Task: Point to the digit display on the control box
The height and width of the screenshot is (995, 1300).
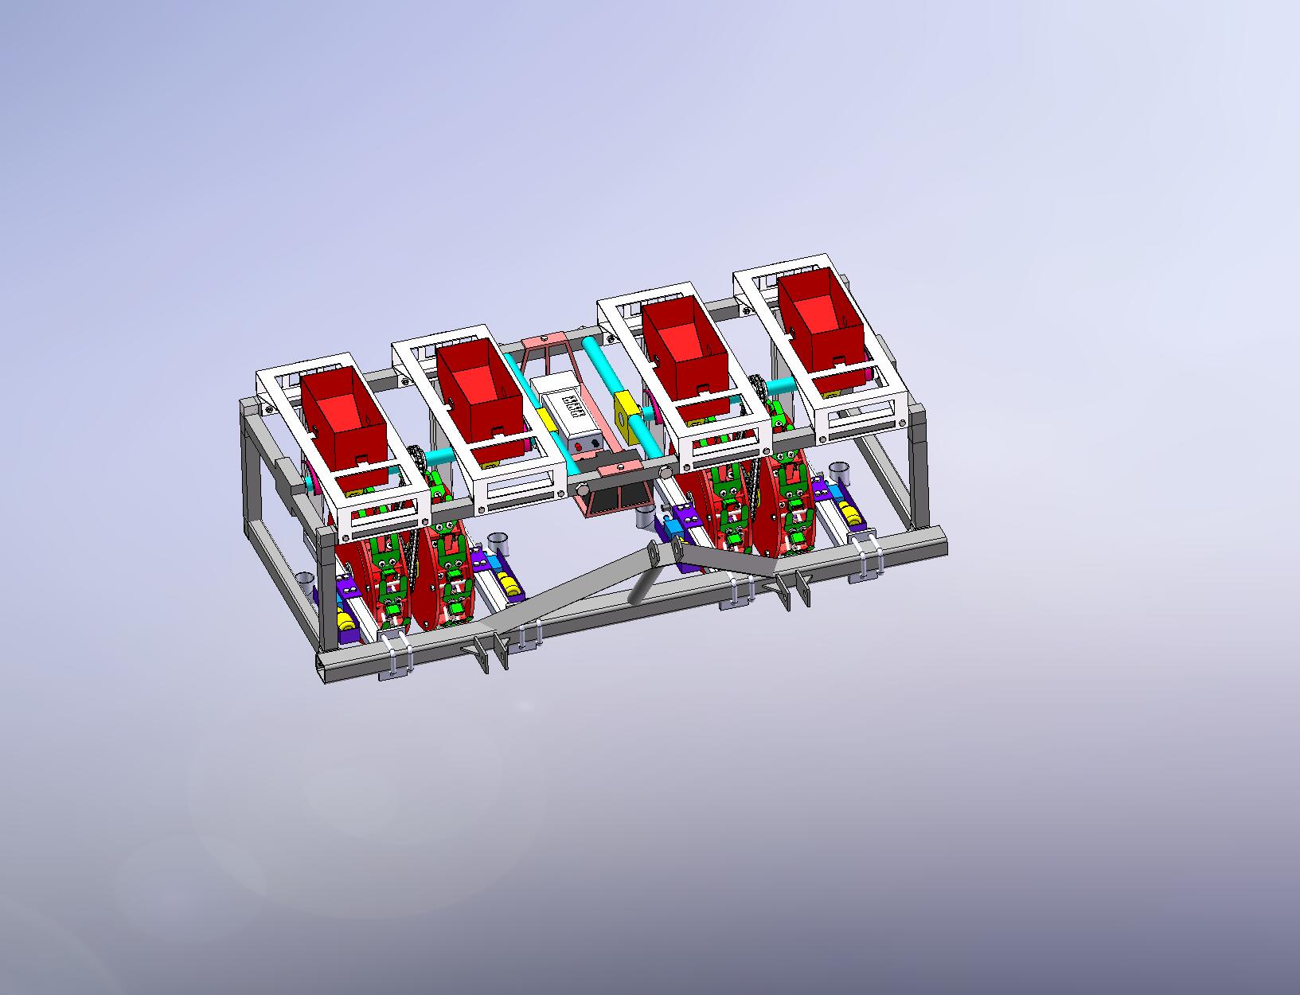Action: coord(572,408)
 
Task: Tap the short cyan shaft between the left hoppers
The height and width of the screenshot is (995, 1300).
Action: coord(439,458)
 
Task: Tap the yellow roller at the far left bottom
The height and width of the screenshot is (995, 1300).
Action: coord(343,619)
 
